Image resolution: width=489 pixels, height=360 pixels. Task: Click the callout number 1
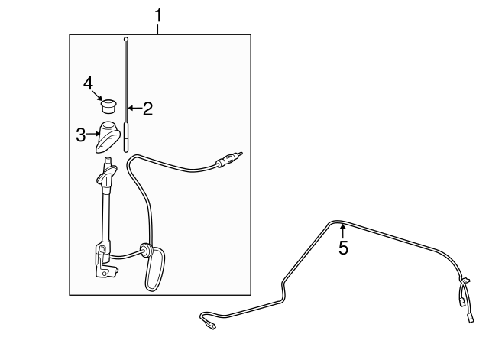(158, 15)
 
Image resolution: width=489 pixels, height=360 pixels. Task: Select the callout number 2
(147, 109)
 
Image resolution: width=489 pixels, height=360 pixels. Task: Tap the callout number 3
(81, 135)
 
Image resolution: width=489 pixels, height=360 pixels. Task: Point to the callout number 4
(89, 83)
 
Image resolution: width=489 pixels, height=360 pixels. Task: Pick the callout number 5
(343, 248)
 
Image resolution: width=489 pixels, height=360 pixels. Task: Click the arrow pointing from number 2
(134, 109)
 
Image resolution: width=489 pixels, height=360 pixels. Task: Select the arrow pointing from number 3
(92, 135)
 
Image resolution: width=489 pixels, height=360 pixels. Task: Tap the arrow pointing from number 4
(97, 95)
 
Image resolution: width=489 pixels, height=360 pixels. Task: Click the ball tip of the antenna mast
(126, 39)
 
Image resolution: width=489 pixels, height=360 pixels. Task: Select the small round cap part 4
(108, 105)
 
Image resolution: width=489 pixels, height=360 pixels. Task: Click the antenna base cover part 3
(108, 137)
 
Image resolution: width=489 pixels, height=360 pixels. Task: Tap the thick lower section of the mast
(126, 138)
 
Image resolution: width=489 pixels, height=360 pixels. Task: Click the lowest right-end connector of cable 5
(471, 319)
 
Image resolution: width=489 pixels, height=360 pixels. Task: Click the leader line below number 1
(158, 29)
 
